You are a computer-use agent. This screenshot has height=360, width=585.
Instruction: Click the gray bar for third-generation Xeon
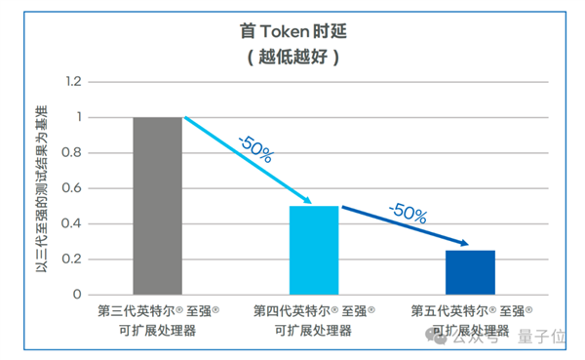point(158,206)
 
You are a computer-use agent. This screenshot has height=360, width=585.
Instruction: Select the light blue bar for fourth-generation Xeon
point(314,250)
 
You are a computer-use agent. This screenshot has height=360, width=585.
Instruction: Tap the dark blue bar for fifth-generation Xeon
point(470,272)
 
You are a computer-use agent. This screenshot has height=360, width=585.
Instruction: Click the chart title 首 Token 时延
point(292,31)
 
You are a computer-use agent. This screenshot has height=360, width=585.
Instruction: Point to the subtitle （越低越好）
point(292,57)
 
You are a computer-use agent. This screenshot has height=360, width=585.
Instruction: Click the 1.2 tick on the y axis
point(71,83)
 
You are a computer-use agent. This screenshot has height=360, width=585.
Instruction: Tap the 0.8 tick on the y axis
point(71,153)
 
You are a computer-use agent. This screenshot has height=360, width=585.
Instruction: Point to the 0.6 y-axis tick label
point(71,188)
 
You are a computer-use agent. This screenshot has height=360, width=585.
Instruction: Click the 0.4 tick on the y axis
point(71,223)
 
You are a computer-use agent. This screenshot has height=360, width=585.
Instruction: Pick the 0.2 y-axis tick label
point(71,259)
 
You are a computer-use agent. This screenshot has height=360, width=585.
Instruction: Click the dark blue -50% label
point(407,212)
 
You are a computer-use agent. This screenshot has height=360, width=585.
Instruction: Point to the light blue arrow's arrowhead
point(307,201)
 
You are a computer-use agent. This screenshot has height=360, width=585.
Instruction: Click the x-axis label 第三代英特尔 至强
point(158,311)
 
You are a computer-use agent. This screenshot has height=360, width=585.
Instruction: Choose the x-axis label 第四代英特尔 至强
point(314,311)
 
